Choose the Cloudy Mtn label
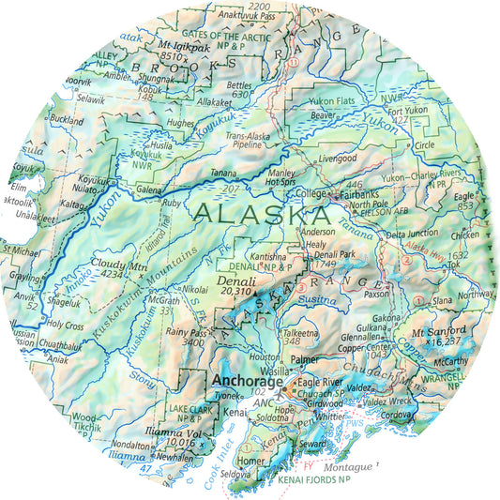pyautogui.click(x=119, y=265)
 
